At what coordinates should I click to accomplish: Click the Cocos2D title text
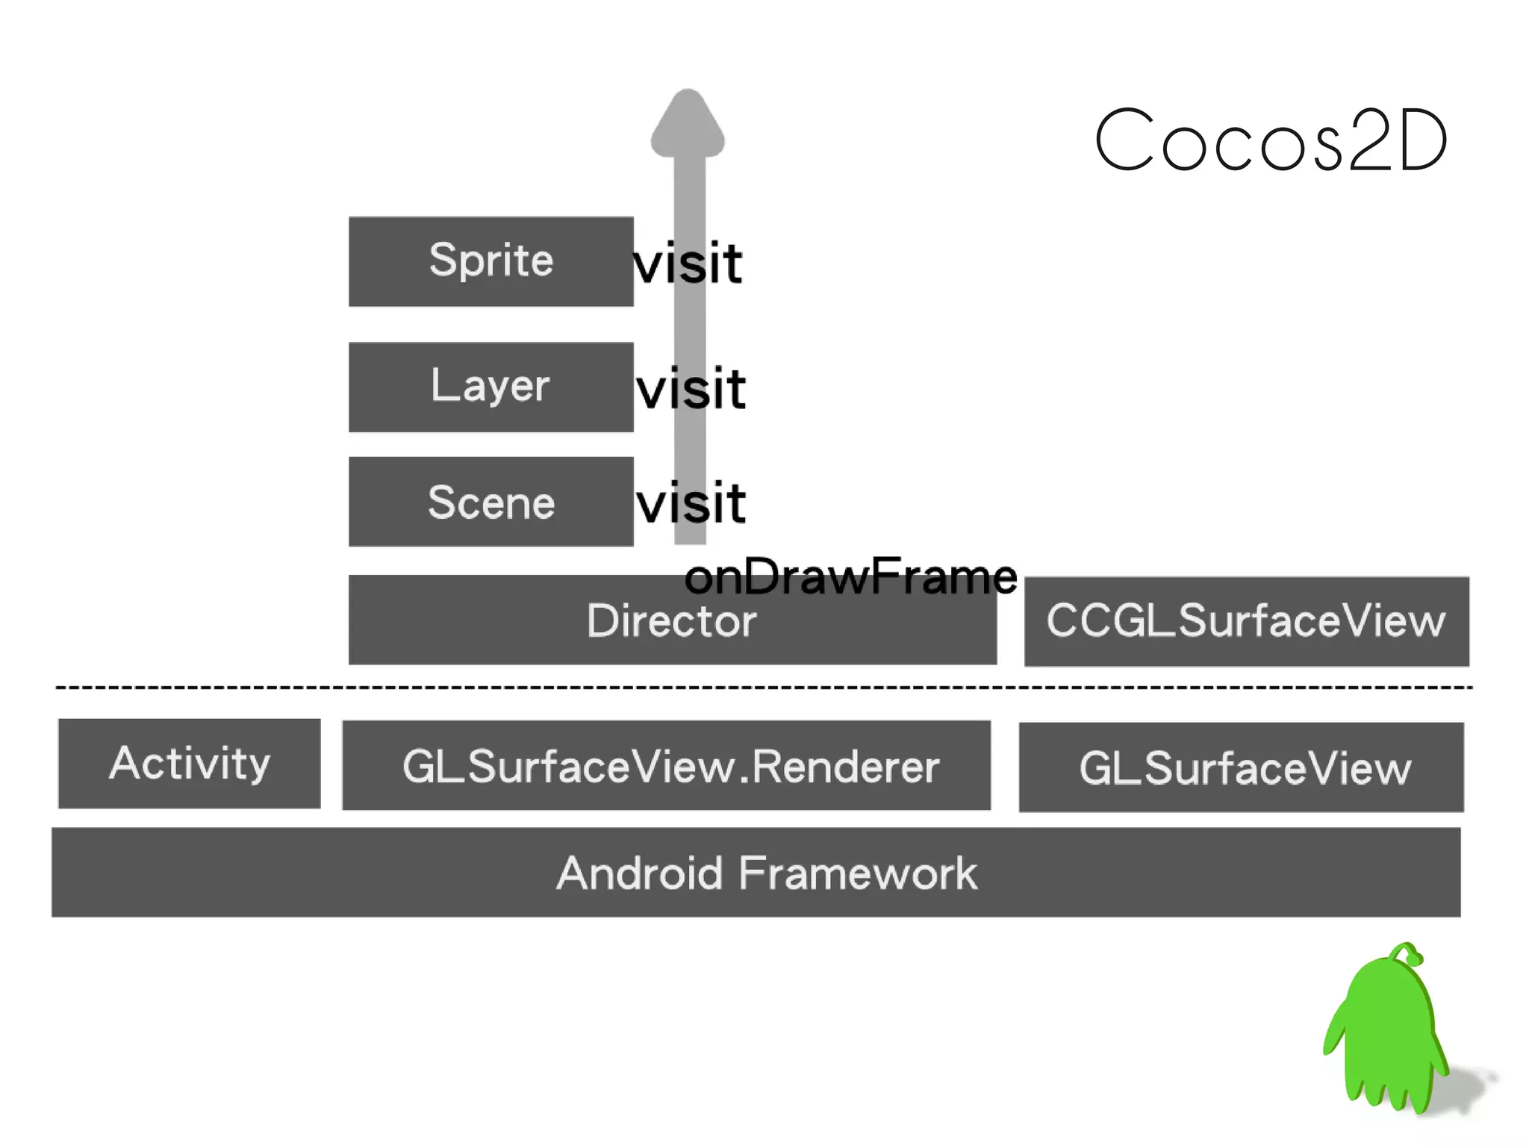point(1271,140)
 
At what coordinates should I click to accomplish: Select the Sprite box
point(491,261)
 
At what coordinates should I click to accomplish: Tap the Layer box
point(491,387)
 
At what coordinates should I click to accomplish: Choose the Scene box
point(491,502)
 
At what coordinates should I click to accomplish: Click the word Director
point(671,621)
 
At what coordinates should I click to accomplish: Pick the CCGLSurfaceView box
point(1246,621)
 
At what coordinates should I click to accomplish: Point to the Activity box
point(190,763)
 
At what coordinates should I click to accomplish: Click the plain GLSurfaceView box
point(1241,767)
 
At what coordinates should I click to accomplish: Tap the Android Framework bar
point(756,872)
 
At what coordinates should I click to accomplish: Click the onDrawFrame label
point(850,576)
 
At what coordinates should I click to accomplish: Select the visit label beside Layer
point(691,389)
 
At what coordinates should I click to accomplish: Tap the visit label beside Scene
point(691,503)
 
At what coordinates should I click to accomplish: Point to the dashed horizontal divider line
point(762,687)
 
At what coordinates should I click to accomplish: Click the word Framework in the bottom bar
point(857,873)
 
